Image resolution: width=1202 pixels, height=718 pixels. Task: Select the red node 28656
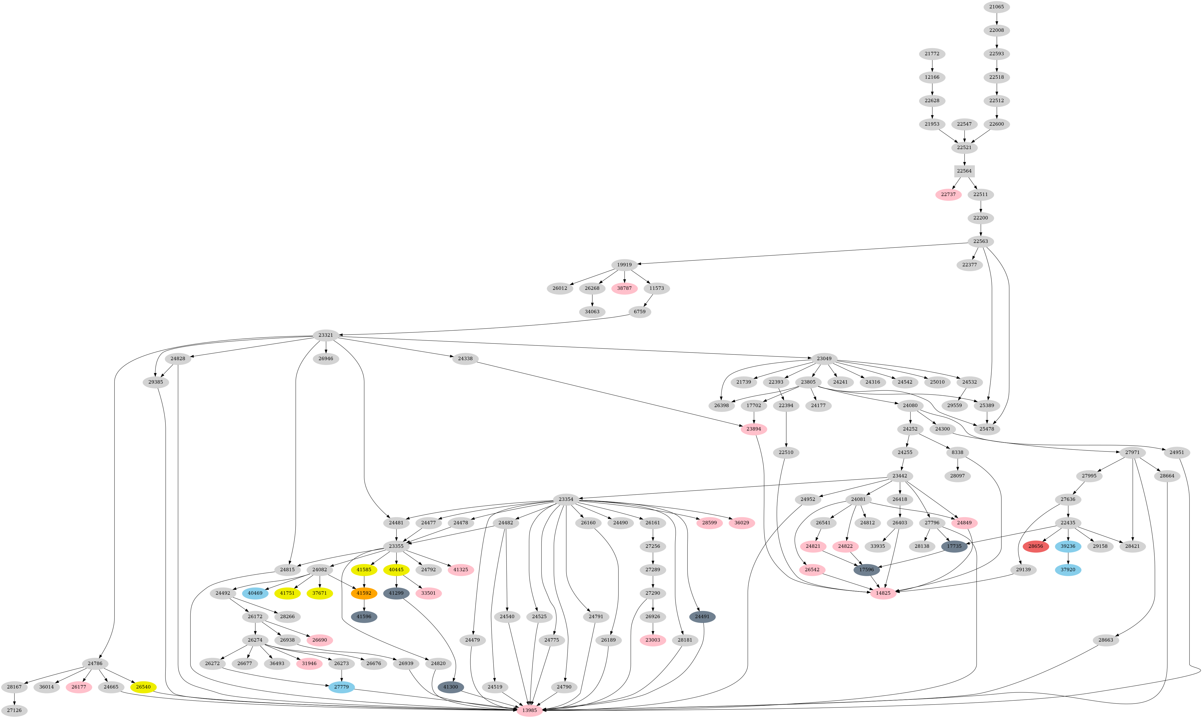[1036, 546]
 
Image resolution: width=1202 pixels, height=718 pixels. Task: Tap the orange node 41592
[364, 593]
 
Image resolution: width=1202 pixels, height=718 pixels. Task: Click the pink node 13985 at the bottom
[529, 710]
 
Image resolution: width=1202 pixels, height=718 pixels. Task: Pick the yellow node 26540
[143, 687]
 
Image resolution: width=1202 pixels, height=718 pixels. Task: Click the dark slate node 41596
[364, 617]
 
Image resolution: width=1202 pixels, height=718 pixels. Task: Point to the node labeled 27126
[14, 710]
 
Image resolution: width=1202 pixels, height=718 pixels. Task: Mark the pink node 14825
[883, 593]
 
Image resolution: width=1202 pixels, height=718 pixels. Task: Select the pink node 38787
[624, 288]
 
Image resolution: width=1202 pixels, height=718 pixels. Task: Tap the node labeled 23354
[566, 499]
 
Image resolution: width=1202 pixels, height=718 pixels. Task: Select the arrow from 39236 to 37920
[1068, 558]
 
